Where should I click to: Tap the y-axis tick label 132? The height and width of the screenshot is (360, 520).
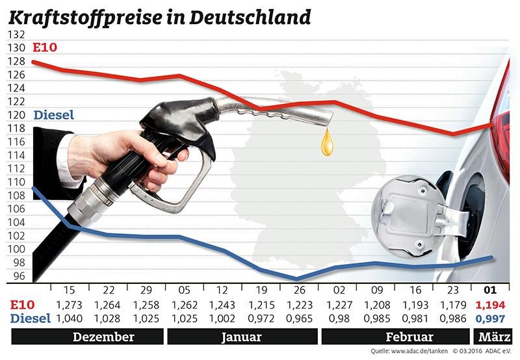tap(18, 34)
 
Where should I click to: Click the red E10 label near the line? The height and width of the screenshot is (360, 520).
tap(44, 48)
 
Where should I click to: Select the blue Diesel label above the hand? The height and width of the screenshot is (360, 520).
tap(53, 115)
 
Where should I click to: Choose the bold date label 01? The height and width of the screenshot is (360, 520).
tap(492, 290)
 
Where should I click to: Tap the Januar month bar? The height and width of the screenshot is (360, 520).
tap(241, 337)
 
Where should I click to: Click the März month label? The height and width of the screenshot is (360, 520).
tap(492, 337)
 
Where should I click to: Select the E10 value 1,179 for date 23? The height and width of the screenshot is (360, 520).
tap(453, 305)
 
